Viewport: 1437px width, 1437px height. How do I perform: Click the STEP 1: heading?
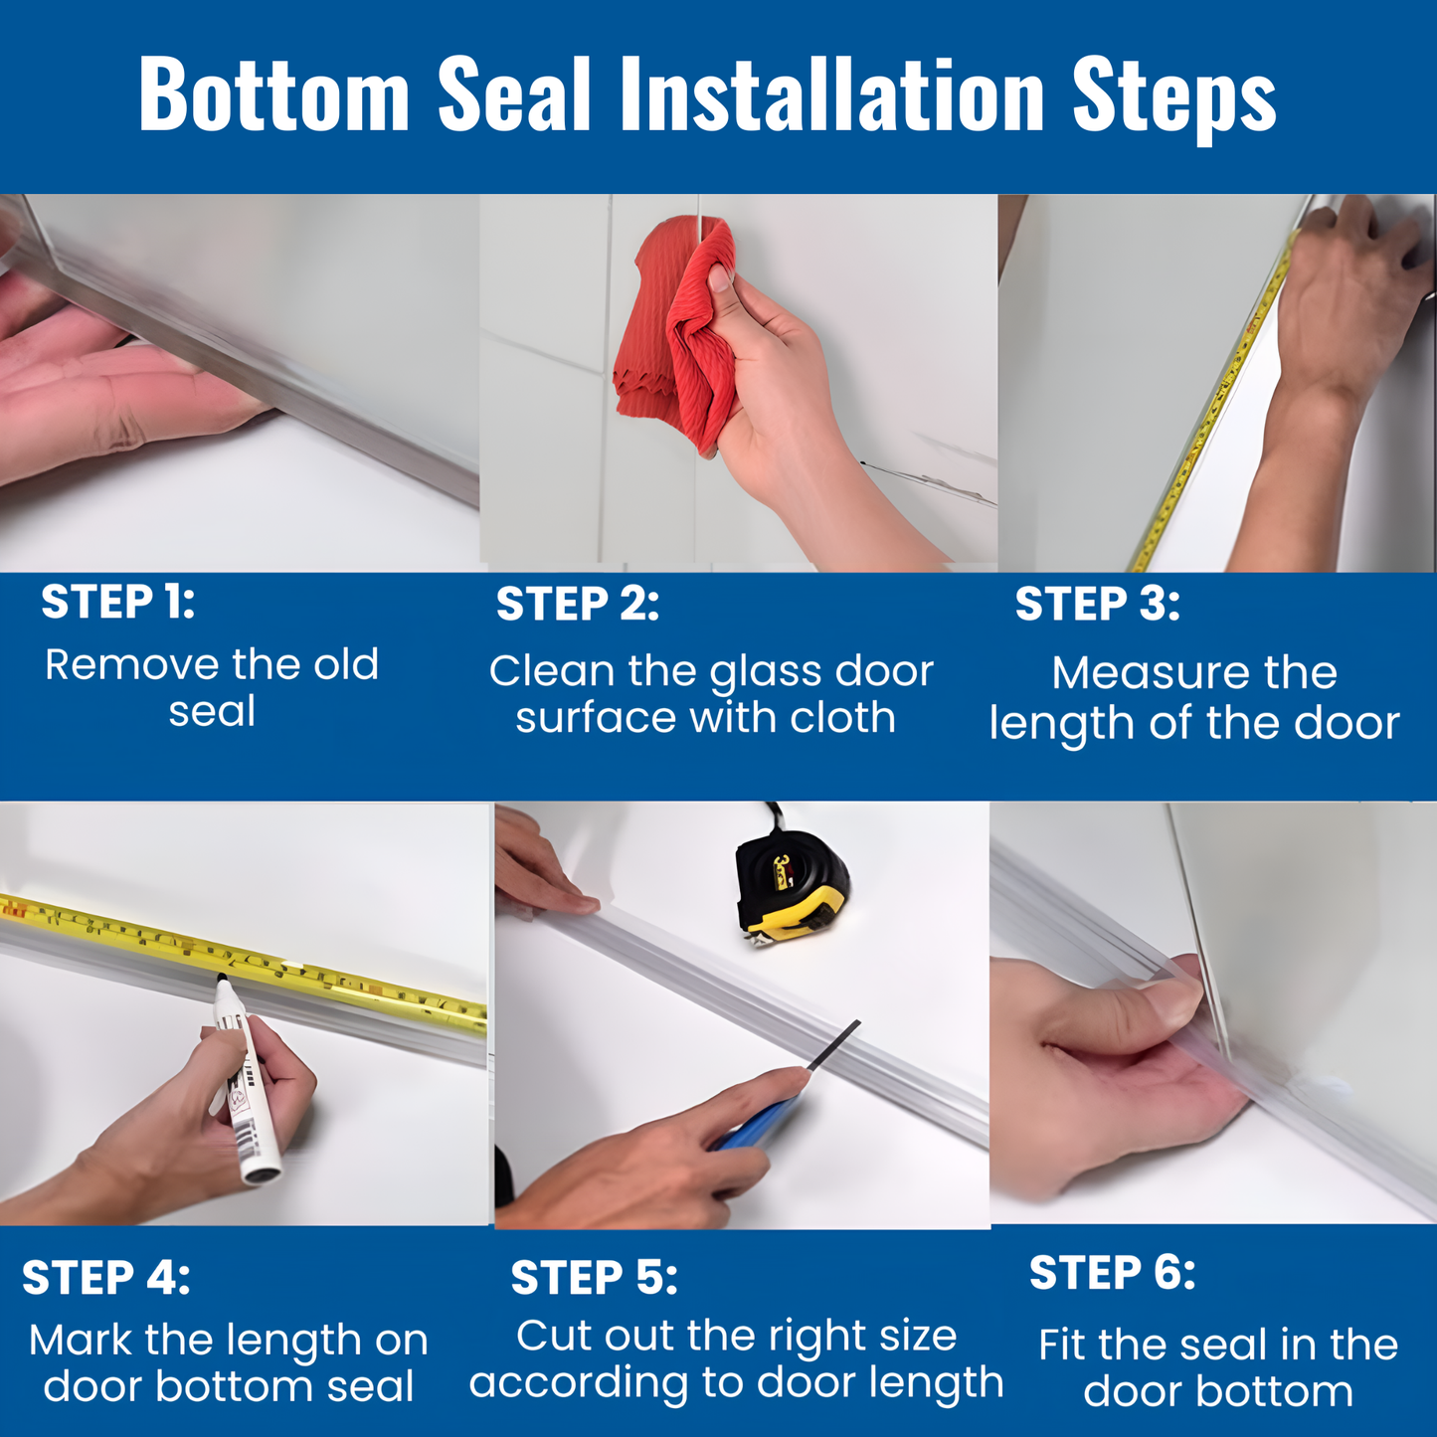pos(118,603)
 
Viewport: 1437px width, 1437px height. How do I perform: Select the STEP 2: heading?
pos(578,605)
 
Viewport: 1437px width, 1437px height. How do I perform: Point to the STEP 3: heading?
pos(1098,605)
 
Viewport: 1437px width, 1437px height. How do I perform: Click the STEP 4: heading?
pos(106,1278)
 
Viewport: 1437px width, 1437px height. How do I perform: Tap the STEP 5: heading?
pos(594,1278)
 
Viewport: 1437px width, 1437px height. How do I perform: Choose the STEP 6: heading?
pos(1112,1273)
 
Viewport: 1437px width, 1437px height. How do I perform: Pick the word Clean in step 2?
pos(552,671)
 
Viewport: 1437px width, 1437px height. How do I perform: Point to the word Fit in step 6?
pos(1061,1345)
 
